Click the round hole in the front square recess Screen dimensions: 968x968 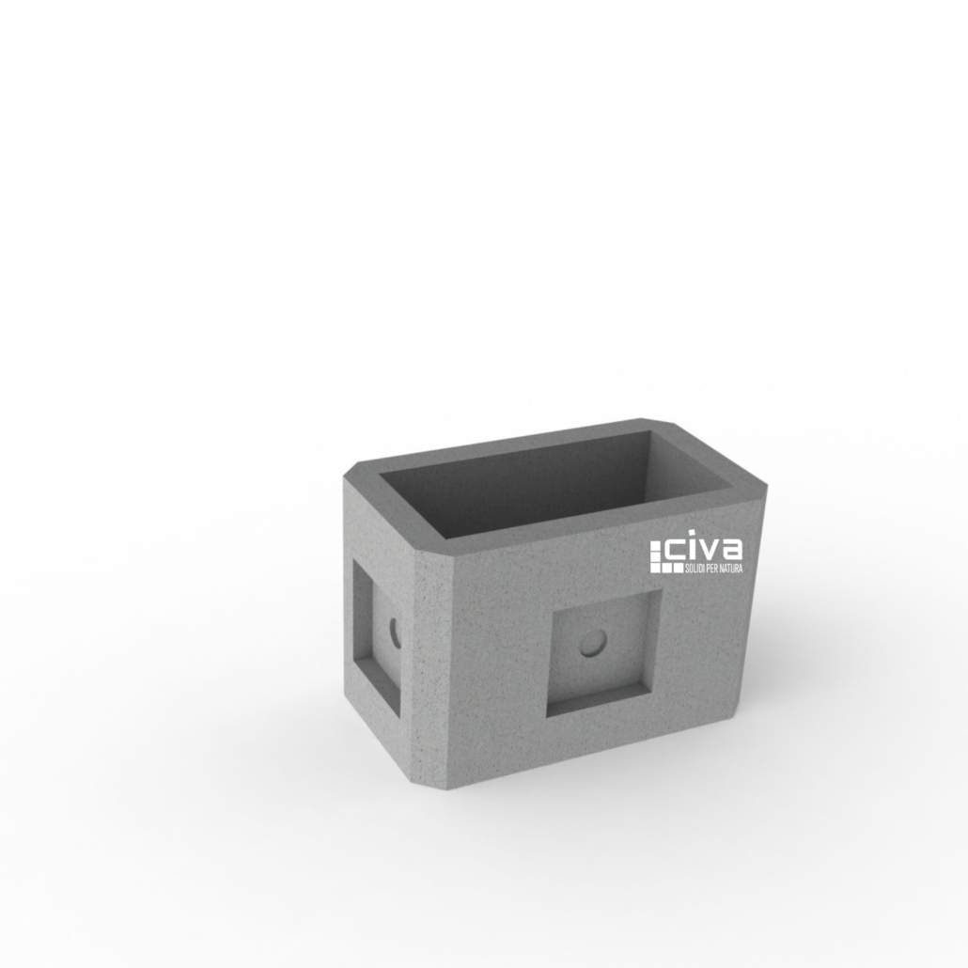tap(594, 643)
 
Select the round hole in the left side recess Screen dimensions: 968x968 tap(396, 632)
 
